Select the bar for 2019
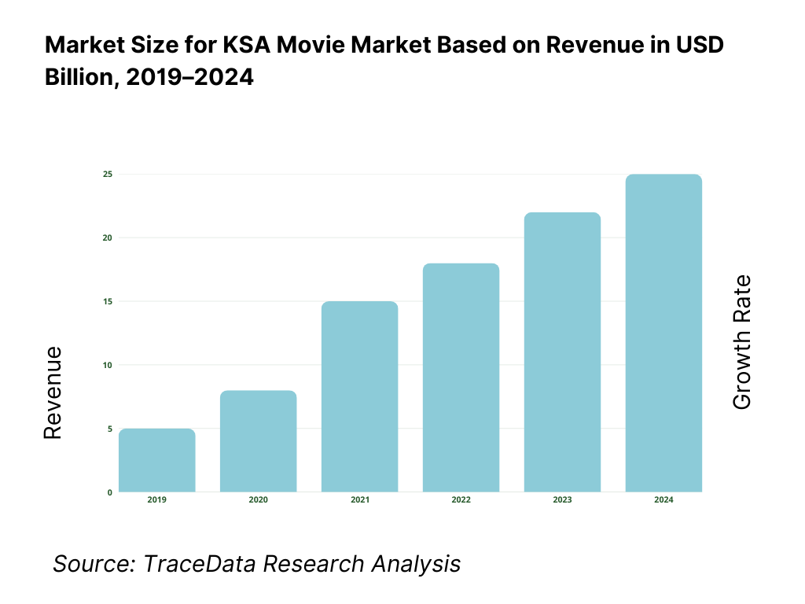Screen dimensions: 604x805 click(157, 460)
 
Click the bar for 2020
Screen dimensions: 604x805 click(259, 441)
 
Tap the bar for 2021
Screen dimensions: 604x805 click(360, 396)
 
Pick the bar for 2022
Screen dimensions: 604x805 click(461, 377)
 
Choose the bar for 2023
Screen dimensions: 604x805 click(563, 352)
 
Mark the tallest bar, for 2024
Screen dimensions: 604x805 click(663, 333)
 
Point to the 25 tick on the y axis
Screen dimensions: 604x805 click(108, 174)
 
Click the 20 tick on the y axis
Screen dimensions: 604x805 click(108, 238)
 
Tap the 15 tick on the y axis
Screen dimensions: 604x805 click(108, 301)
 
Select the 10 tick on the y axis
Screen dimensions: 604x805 click(108, 365)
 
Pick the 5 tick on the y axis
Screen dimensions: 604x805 click(109, 429)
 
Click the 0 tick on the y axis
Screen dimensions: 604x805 click(109, 492)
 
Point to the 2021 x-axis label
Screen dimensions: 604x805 click(360, 500)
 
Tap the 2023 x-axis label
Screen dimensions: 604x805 click(563, 500)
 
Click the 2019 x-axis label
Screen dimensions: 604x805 click(157, 500)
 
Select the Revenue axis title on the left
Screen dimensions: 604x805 click(52, 393)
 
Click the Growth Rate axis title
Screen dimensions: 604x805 click(741, 342)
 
